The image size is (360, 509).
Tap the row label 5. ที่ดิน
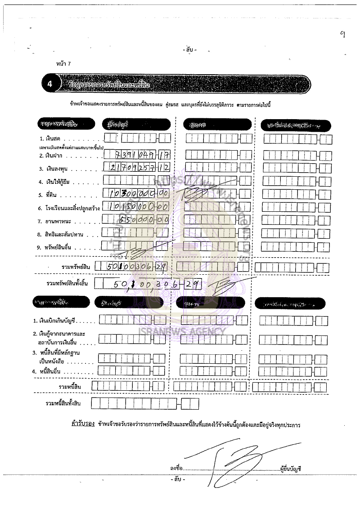49,196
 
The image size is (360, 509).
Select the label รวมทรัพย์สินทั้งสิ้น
68,284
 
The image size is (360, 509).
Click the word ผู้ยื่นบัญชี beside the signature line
290,469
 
